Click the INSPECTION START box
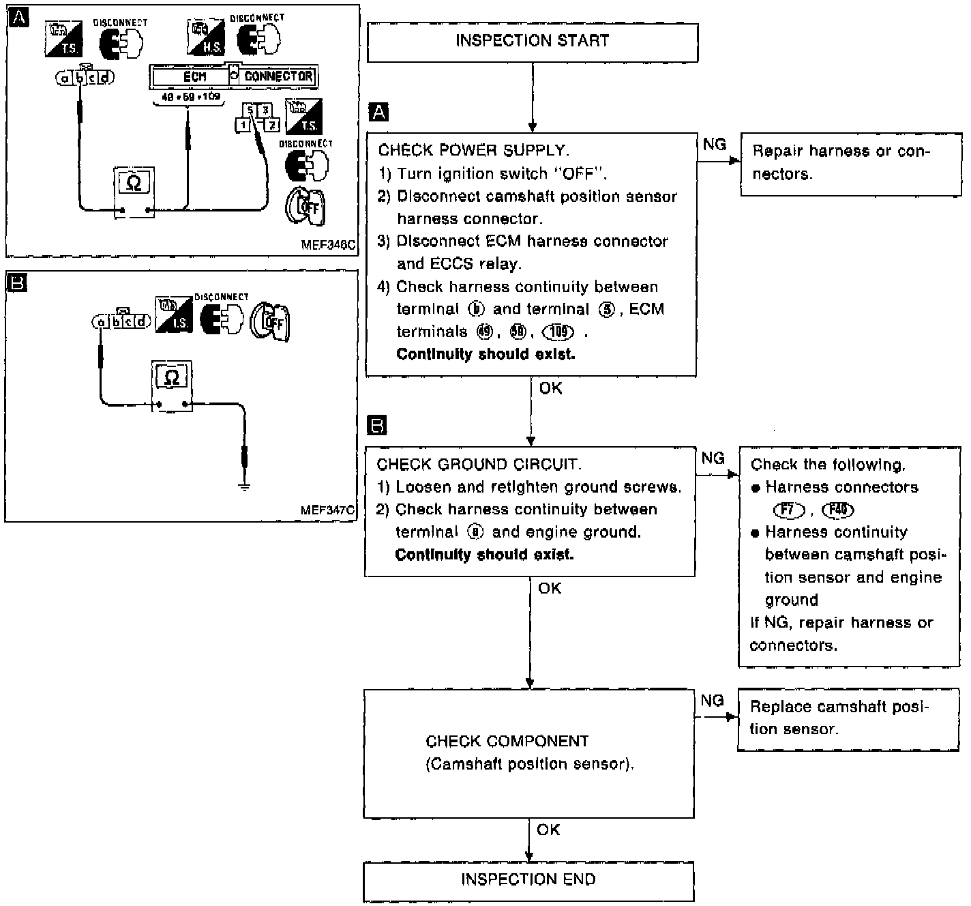click(x=532, y=42)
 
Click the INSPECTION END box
click(x=528, y=880)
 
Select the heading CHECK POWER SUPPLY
click(x=473, y=150)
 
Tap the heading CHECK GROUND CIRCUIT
click(x=479, y=465)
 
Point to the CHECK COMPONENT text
click(x=507, y=741)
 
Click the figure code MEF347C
click(x=327, y=510)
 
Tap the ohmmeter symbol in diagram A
click(x=134, y=183)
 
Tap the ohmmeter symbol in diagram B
click(x=172, y=377)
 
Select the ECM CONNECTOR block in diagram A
click(x=234, y=76)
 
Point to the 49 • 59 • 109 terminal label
click(x=192, y=98)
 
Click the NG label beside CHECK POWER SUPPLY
click(x=714, y=144)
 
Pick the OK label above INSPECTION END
click(x=548, y=830)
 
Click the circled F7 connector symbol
click(x=789, y=510)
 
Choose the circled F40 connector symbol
click(x=838, y=510)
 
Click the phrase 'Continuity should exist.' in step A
click(x=485, y=354)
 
